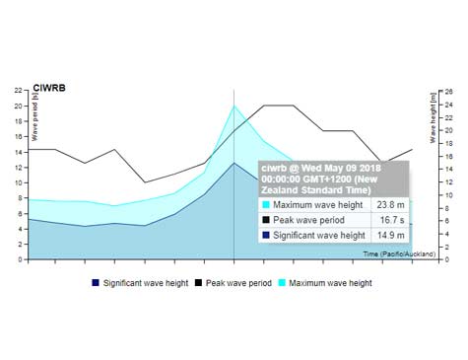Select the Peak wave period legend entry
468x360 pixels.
[x=238, y=283]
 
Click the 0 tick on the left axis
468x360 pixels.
[x=21, y=260]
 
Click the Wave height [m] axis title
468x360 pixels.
[x=433, y=116]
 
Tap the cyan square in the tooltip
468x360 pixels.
[x=265, y=204]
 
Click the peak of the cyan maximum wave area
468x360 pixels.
[x=234, y=106]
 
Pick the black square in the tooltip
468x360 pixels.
[x=265, y=220]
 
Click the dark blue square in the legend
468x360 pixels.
[x=96, y=283]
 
